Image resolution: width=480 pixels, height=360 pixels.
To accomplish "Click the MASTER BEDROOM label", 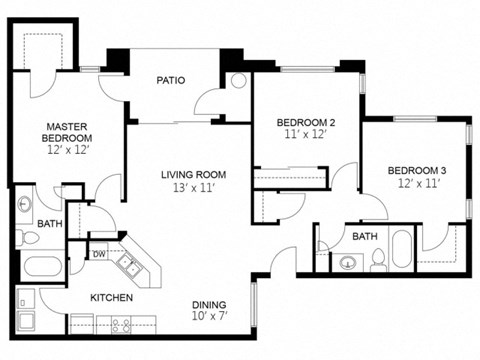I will [x=67, y=130].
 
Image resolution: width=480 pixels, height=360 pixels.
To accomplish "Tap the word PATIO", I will [x=171, y=81].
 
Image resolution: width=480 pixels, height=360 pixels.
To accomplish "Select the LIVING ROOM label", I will [x=189, y=174].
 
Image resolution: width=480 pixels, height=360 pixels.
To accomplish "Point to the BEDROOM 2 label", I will [x=304, y=123].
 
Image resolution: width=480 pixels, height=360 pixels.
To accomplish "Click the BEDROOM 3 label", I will [x=416, y=171].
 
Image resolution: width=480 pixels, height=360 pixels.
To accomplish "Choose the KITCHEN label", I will [x=112, y=298].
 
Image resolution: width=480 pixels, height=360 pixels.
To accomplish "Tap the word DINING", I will [x=210, y=305].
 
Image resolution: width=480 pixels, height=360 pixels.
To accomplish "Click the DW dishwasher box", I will [x=99, y=254].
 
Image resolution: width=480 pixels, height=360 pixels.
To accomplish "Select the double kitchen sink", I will [x=128, y=265].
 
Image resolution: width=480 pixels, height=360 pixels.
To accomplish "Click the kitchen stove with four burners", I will [x=122, y=324].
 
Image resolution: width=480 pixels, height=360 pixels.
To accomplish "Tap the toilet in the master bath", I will [x=22, y=237].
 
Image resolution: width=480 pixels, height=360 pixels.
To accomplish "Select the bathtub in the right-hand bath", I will [x=401, y=250].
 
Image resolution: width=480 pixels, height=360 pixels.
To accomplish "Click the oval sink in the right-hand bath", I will [x=347, y=264].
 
